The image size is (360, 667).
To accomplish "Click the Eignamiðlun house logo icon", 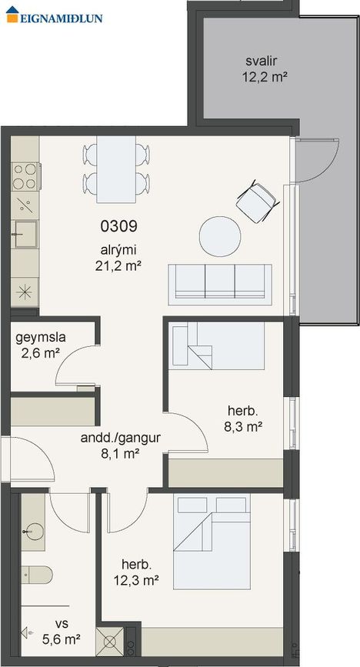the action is tap(12, 15).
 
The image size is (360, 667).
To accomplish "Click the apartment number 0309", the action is tap(118, 226).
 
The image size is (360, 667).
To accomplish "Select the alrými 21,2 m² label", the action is tap(118, 258).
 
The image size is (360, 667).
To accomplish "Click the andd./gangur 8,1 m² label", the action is tap(121, 445).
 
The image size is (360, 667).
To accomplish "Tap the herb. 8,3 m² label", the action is tap(242, 419).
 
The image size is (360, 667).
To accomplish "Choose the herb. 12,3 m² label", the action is tap(136, 572).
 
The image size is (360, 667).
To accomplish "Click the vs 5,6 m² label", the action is tap(62, 631).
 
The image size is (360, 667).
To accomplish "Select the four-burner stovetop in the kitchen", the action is tap(25, 176).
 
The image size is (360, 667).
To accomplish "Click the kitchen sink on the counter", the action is tap(25, 234).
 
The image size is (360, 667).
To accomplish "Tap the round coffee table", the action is tap(220, 236).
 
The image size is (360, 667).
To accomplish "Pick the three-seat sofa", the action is tap(220, 284).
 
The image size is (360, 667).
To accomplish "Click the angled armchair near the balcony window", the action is tap(258, 202).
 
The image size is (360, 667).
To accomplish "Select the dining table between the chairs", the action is tap(116, 169).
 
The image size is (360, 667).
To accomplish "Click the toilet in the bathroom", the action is tap(37, 575).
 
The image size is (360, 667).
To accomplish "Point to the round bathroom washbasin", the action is tap(35, 532).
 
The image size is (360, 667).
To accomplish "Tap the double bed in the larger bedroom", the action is tap(212, 542).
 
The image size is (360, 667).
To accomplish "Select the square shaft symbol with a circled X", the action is tap(110, 641).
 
